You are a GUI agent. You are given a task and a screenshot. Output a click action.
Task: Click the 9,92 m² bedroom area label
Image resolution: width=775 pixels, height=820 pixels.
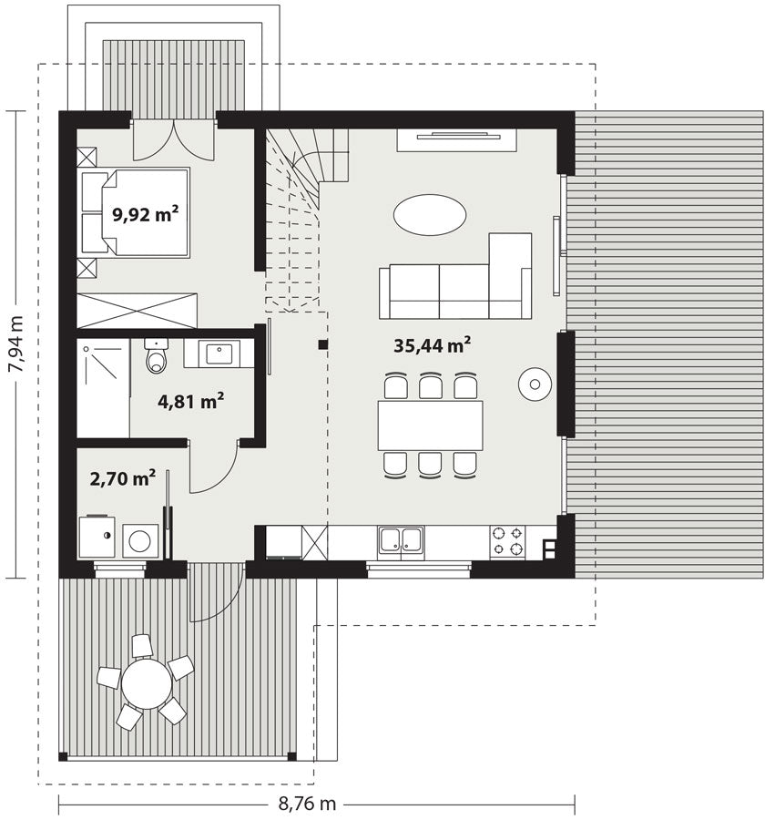[146, 214]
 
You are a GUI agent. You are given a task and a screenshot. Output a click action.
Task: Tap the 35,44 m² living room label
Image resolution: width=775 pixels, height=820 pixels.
[432, 345]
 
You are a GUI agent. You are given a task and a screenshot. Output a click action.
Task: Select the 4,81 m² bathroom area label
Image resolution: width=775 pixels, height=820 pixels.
[190, 401]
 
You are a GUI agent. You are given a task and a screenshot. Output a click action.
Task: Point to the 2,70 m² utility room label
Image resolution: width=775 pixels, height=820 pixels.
[122, 478]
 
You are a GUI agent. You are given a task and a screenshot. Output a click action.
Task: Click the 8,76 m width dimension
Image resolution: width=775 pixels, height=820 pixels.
[307, 804]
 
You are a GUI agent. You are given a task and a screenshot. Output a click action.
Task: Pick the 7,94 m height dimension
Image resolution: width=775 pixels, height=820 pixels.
[15, 344]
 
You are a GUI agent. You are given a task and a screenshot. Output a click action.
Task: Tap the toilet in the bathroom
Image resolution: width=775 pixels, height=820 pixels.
[157, 355]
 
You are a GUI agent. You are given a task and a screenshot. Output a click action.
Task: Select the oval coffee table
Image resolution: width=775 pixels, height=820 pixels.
[430, 215]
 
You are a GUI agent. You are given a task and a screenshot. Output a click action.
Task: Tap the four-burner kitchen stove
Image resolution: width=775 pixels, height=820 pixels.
[507, 541]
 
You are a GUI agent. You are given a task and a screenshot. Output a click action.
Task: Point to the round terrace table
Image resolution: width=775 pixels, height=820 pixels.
[147, 683]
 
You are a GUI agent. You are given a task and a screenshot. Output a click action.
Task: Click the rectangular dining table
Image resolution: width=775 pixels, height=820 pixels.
[430, 425]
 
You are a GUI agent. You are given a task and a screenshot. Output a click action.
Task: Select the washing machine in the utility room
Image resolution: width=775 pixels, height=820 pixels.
[140, 540]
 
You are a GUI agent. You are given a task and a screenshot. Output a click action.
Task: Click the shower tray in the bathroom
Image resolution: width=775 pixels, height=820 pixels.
[104, 387]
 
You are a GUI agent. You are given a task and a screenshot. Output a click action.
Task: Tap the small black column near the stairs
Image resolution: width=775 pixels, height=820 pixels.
[323, 344]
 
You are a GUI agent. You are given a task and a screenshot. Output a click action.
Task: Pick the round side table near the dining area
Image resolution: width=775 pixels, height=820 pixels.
[535, 384]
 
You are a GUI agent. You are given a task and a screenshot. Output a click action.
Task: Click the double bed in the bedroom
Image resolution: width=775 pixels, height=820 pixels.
[136, 212]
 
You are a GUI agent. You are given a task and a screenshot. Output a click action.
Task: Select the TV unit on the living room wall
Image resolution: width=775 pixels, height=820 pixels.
[457, 140]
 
